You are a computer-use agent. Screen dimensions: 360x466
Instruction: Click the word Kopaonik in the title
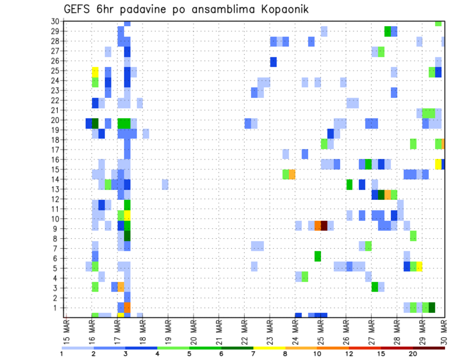pyautogui.click(x=281, y=9)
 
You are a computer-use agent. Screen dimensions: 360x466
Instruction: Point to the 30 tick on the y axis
pyautogui.click(x=55, y=21)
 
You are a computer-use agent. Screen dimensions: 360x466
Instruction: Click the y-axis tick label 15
pyautogui.click(x=55, y=169)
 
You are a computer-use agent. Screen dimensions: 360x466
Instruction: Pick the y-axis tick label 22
pyautogui.click(x=55, y=100)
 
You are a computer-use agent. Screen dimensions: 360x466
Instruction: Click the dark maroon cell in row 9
pyautogui.click(x=324, y=226)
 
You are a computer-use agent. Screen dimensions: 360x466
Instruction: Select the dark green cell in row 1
pyautogui.click(x=432, y=308)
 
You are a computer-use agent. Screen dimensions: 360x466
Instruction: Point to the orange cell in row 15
pyautogui.click(x=292, y=174)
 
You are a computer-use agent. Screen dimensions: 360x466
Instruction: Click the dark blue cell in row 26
pyautogui.click(x=273, y=62)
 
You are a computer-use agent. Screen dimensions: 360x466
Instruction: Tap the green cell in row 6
pyautogui.click(x=317, y=256)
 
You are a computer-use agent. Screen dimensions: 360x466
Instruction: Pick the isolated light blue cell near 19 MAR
pyautogui.click(x=165, y=184)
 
